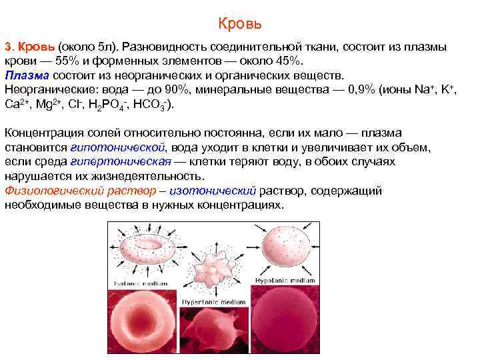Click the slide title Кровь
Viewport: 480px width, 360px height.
[x=240, y=25]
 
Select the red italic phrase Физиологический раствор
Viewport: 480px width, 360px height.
[x=79, y=191]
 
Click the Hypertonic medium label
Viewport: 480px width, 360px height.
[x=219, y=302]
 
